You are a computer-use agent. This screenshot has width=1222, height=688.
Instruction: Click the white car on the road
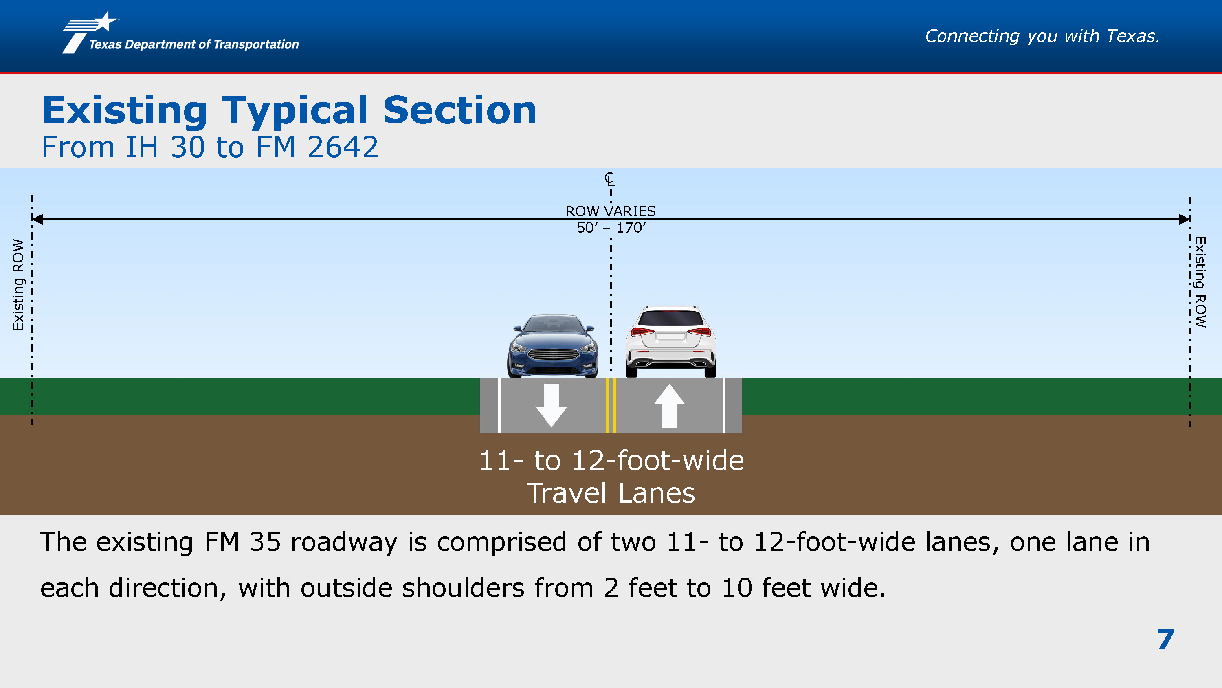[670, 341]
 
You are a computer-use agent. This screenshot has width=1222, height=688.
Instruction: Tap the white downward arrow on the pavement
[551, 405]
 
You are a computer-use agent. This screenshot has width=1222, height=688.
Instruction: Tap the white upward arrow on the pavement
[669, 405]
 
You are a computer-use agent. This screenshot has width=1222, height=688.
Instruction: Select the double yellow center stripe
[611, 405]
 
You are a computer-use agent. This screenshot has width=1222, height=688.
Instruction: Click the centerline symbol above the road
[610, 179]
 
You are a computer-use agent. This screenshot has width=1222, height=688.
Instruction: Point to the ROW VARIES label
[611, 211]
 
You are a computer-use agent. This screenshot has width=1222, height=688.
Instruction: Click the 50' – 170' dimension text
[611, 228]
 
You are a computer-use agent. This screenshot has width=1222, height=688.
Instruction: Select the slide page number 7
[1165, 639]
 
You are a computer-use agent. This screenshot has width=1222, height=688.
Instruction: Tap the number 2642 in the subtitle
[343, 147]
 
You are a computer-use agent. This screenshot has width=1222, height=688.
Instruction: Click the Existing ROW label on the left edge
[18, 285]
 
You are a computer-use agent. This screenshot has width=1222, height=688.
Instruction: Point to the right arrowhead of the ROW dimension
[1184, 219]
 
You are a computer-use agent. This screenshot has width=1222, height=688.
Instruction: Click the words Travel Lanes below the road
[611, 493]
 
